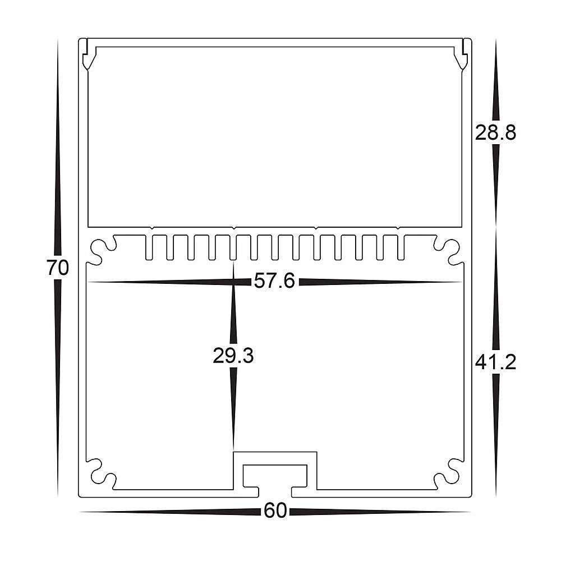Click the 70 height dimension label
pos(58,268)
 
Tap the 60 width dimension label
pos(275,511)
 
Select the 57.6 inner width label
pos(274,281)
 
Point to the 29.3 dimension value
pos(233,356)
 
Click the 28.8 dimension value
pos(495,133)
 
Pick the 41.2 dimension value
pos(495,363)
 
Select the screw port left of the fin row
pos(102,251)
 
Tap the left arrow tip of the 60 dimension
pos(80,512)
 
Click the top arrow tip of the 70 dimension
pos(58,40)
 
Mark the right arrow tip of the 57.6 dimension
pos(463,282)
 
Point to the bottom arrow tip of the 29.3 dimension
pos(233,449)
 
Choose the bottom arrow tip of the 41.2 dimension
pos(495,495)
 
